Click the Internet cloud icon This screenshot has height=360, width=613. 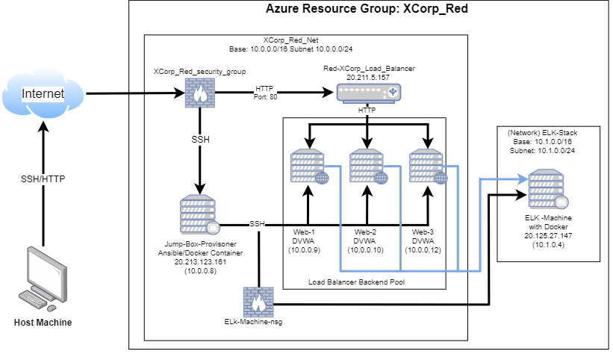coord(43,95)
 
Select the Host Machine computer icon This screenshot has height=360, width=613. coord(43,278)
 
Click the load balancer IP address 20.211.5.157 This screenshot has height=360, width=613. coord(368,76)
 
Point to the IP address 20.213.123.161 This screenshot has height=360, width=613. coord(199,263)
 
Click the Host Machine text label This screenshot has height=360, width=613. coord(43,322)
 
